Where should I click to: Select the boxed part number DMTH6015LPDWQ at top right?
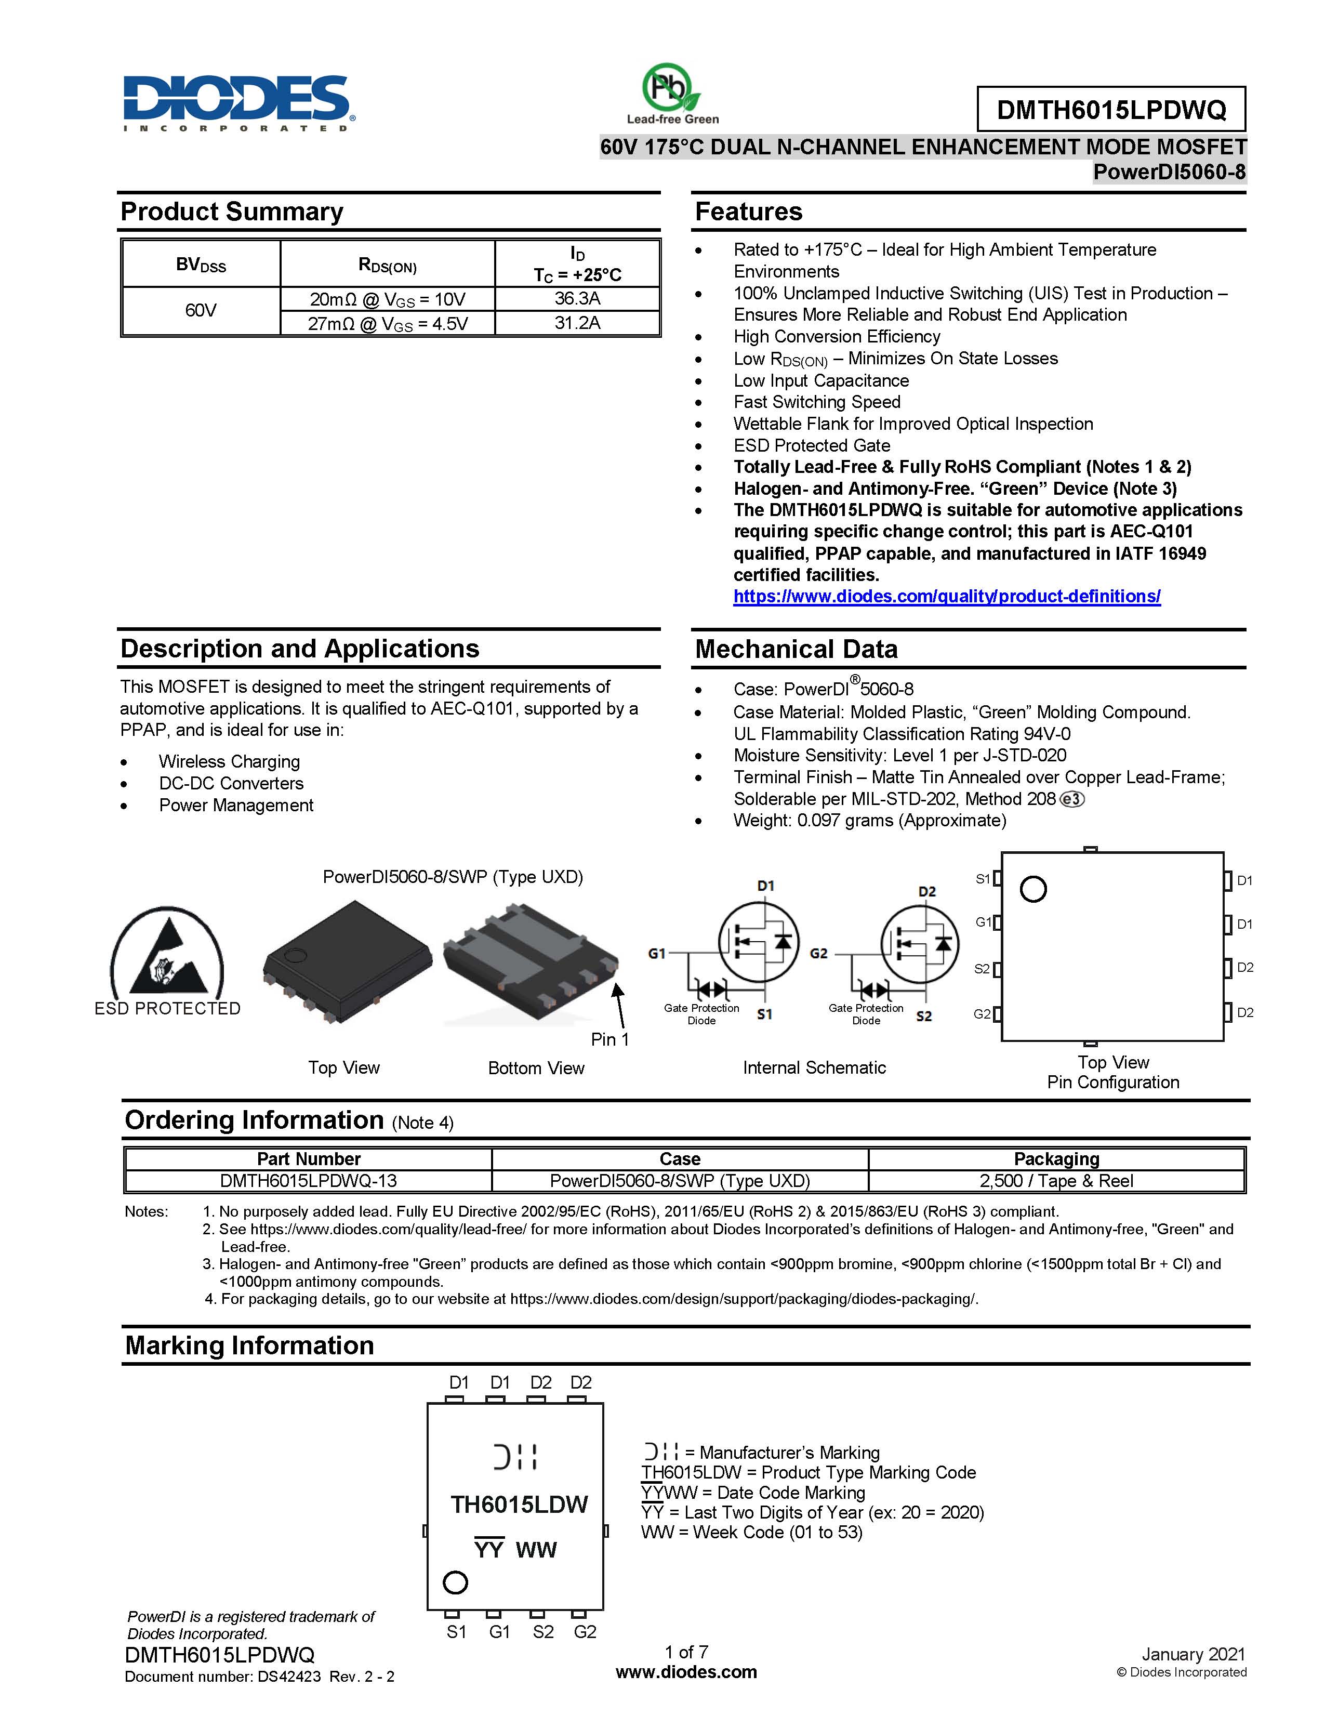(1111, 109)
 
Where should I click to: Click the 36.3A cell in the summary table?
(577, 298)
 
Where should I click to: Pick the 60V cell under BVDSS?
(201, 310)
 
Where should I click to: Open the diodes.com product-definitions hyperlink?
(947, 596)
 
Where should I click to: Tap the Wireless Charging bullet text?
(229, 762)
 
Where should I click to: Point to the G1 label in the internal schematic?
(657, 953)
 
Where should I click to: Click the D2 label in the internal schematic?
(927, 891)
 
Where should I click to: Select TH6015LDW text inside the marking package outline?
(519, 1505)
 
